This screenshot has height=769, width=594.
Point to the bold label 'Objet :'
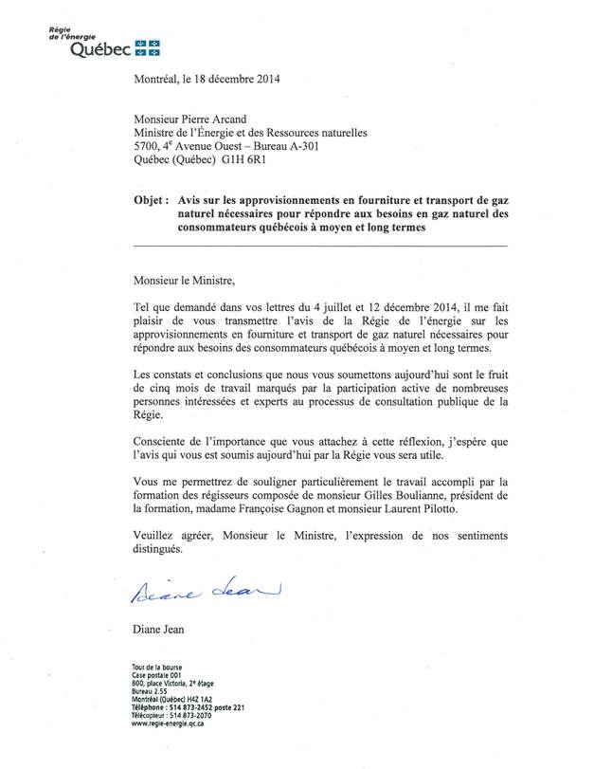tap(152, 202)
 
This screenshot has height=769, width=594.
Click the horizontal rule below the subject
tap(320, 246)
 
